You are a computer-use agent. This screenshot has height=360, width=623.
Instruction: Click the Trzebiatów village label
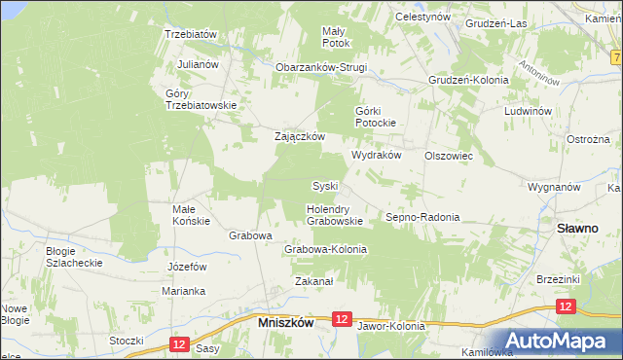click(190, 33)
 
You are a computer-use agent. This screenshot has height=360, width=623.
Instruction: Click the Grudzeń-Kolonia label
click(469, 80)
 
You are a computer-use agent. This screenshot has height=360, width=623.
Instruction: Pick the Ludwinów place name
click(529, 111)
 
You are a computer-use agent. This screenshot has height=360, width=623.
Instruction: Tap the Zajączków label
click(299, 137)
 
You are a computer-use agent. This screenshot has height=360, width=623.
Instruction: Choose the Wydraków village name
click(377, 156)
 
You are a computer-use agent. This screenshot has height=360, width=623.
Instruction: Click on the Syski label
click(324, 186)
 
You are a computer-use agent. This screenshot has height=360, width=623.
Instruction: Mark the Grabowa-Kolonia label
click(325, 249)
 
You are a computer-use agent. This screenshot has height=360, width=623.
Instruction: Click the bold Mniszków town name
click(285, 321)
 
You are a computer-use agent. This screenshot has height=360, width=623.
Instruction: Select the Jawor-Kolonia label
click(391, 326)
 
